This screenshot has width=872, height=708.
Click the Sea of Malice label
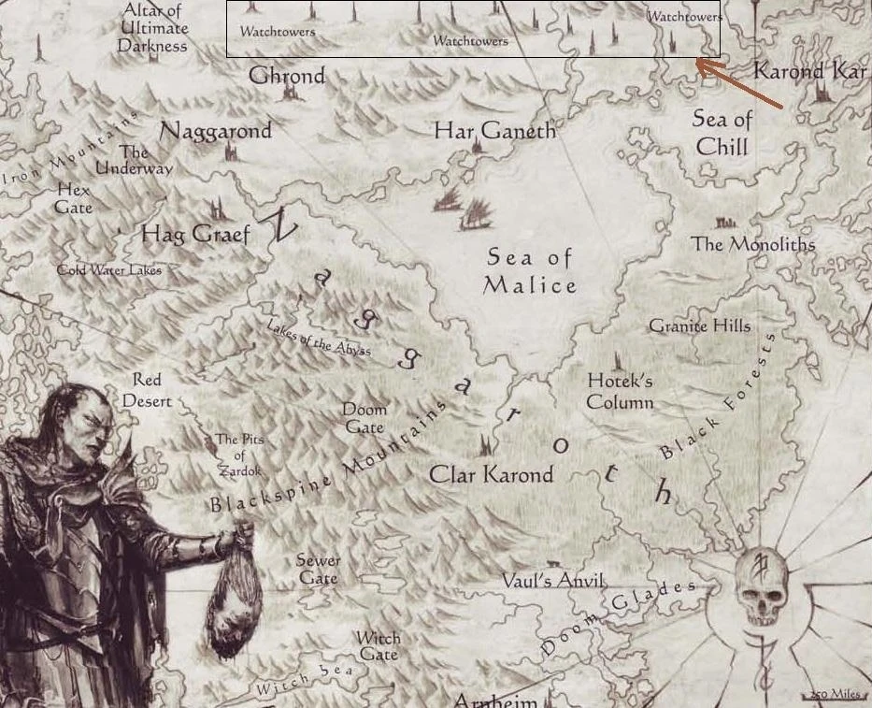pyautogui.click(x=529, y=271)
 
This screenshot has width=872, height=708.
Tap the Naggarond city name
pyautogui.click(x=216, y=131)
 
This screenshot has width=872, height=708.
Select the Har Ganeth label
pyautogui.click(x=494, y=131)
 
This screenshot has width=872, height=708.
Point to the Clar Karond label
pyautogui.click(x=491, y=474)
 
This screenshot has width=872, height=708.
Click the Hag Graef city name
pyautogui.click(x=195, y=234)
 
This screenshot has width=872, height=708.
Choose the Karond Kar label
pyautogui.click(x=809, y=71)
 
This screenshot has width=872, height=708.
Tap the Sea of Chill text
pyautogui.click(x=722, y=133)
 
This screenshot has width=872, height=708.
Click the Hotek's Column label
pyautogui.click(x=620, y=392)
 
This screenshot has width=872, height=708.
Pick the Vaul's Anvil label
pyautogui.click(x=553, y=581)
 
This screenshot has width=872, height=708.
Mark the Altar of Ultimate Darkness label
pyautogui.click(x=152, y=28)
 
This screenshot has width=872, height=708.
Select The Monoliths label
pyautogui.click(x=752, y=244)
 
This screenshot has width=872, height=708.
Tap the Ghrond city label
pyautogui.click(x=287, y=76)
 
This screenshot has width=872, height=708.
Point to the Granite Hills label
pyautogui.click(x=699, y=326)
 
